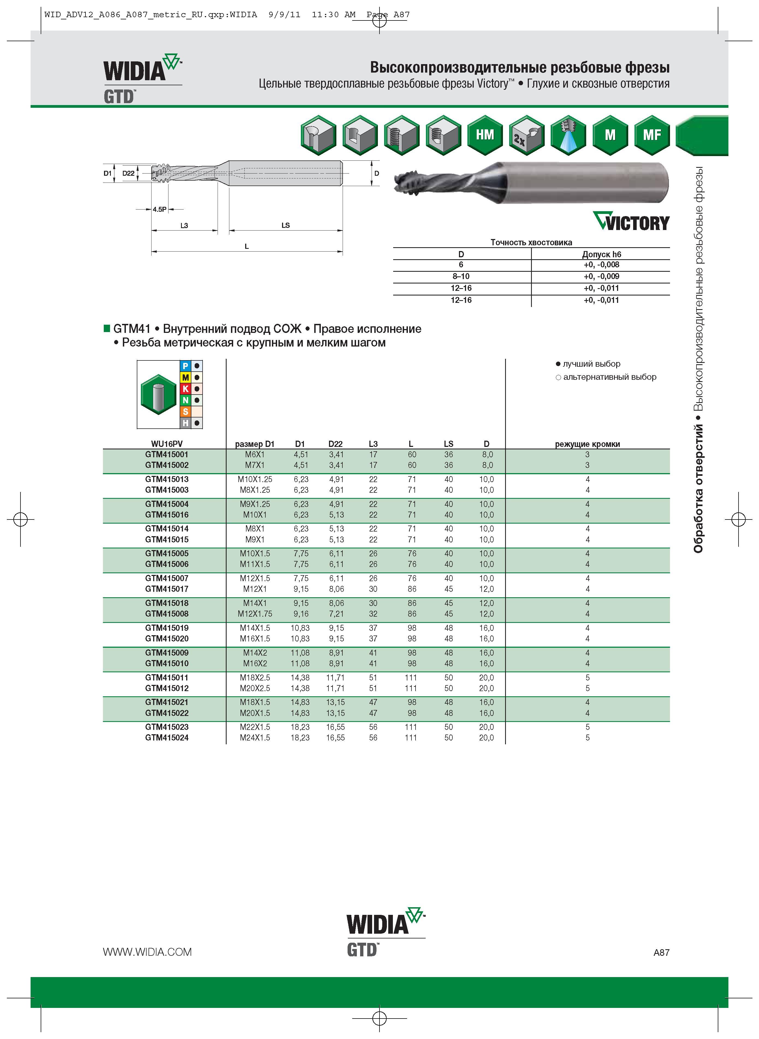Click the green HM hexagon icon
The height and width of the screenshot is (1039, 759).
coord(485,135)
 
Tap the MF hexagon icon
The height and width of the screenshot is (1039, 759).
coord(651,135)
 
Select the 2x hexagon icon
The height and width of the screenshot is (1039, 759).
coord(526,135)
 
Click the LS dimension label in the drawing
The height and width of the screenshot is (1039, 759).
coord(285,225)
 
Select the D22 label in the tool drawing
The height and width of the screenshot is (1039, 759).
coord(129,173)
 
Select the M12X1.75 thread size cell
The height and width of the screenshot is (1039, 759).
coord(255,614)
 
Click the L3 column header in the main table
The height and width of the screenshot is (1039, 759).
coord(373,444)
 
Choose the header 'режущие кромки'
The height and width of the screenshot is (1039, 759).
coord(587,444)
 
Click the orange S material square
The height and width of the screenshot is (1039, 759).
coord(186,412)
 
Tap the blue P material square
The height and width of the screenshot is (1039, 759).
coord(186,366)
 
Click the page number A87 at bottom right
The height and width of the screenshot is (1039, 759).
coord(661,953)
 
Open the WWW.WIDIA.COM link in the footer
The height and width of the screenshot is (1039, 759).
coord(147,952)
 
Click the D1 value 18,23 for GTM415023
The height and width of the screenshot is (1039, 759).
coord(300,727)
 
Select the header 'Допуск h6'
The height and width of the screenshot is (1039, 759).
coord(601,254)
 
